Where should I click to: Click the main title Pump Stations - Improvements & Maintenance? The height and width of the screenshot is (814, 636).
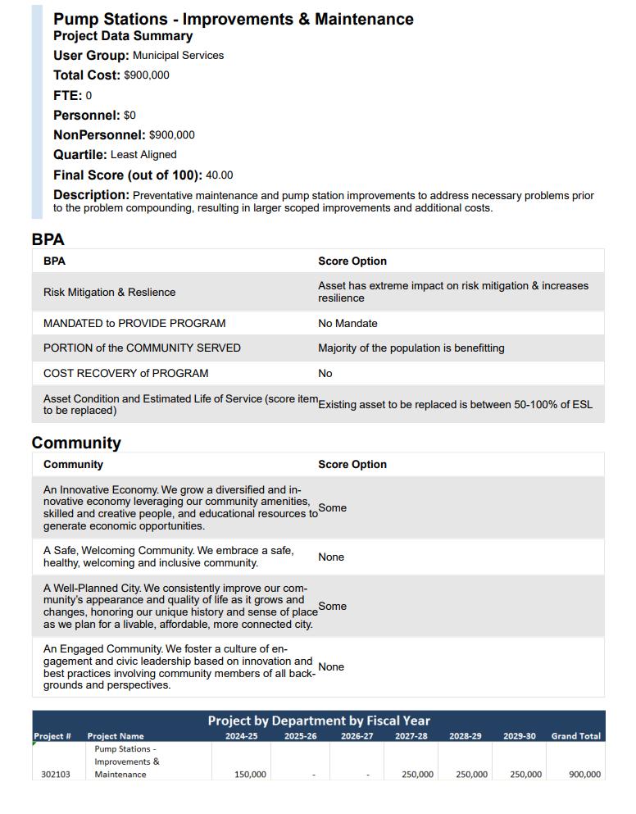(x=234, y=19)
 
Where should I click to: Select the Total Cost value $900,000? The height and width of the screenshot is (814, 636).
(x=147, y=75)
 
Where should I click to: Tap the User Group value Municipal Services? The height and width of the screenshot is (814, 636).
(x=178, y=56)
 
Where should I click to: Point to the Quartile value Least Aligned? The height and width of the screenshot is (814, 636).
(x=143, y=155)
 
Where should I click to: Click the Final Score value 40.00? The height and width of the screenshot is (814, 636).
(x=219, y=175)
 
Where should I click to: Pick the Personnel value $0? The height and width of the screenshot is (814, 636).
(x=129, y=116)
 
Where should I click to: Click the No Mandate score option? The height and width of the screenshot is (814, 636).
(x=348, y=324)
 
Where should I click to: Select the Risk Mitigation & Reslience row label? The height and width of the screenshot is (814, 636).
(x=109, y=293)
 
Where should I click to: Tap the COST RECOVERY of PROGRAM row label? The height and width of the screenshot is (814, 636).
(x=125, y=374)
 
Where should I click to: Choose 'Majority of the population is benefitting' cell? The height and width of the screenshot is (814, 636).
(x=411, y=348)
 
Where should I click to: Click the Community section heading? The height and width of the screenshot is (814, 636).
(x=76, y=443)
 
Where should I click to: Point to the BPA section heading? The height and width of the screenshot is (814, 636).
(x=48, y=240)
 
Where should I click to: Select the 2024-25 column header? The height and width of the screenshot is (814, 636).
(x=241, y=736)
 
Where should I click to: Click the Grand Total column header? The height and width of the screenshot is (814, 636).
(x=575, y=736)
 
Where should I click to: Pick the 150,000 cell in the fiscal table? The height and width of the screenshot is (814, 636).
(x=249, y=775)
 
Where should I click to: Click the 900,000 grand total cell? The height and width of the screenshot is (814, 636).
(x=584, y=775)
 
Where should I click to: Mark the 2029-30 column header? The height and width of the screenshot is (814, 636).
(x=519, y=736)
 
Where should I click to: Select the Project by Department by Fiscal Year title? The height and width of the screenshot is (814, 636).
(x=318, y=721)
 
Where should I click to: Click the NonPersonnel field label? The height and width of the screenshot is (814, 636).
(x=99, y=135)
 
